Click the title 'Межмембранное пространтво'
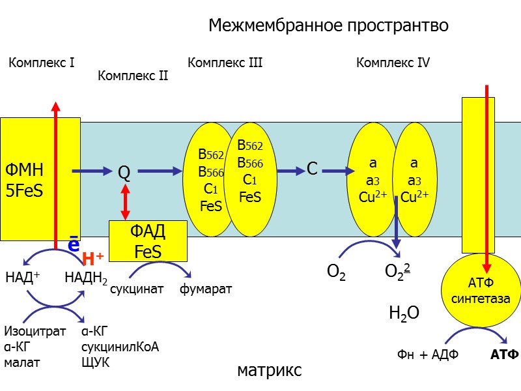328,25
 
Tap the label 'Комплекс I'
42,63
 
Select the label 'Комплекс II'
133,76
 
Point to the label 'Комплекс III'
225,63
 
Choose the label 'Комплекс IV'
393,63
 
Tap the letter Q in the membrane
124,173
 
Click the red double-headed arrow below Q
125,202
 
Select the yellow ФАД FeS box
148,241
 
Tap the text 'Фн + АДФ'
428,355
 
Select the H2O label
404,313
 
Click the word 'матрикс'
270,371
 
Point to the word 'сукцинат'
135,289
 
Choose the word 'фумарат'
205,289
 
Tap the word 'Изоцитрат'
35,331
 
